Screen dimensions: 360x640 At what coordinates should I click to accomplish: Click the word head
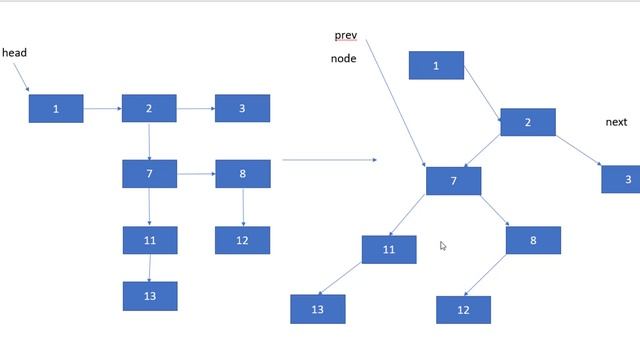pos(14,52)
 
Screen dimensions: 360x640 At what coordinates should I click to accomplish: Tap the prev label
pos(346,36)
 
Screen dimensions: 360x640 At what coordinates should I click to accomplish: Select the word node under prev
pos(344,59)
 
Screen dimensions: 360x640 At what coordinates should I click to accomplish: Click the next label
pos(616,122)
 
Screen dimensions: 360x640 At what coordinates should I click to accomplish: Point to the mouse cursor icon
pos(443,246)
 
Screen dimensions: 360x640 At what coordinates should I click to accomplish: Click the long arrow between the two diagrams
pos(329,159)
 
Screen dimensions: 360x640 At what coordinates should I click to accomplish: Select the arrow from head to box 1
pos(22,76)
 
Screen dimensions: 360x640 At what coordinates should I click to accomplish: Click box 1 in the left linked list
pos(56,108)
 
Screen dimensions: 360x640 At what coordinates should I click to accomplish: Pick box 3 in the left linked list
pos(242,108)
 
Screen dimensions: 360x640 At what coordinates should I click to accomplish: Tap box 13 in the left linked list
pos(150,296)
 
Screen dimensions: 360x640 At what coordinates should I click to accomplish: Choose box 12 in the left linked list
pos(242,240)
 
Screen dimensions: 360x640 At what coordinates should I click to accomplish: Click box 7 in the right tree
pos(453,181)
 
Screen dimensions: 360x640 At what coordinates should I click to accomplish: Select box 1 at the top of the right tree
pos(436,66)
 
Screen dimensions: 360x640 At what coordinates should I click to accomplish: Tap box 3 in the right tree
pos(622,179)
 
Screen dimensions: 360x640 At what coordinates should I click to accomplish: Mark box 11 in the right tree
pos(389,249)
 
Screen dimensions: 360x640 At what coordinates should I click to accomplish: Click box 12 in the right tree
pos(463,310)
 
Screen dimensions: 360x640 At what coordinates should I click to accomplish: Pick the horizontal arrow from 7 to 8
pos(196,174)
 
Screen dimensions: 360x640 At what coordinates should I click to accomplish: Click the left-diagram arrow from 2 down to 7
pos(149,141)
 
